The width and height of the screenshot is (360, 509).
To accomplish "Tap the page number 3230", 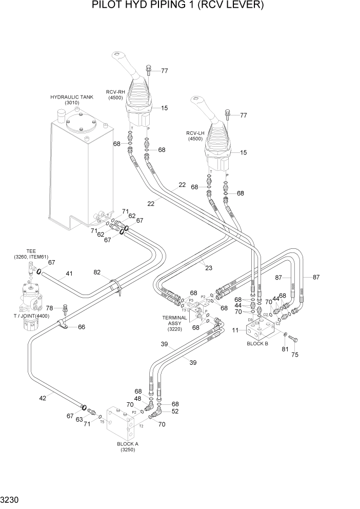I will pos(11,499).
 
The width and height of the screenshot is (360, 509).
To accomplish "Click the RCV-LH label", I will pos(195,135).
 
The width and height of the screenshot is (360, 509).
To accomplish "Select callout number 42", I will pos(43,397).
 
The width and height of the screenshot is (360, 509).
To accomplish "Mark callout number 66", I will pos(81,326).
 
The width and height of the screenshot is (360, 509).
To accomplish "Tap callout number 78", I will pos(50,308).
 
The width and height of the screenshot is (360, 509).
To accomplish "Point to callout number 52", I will pos(175,411).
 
